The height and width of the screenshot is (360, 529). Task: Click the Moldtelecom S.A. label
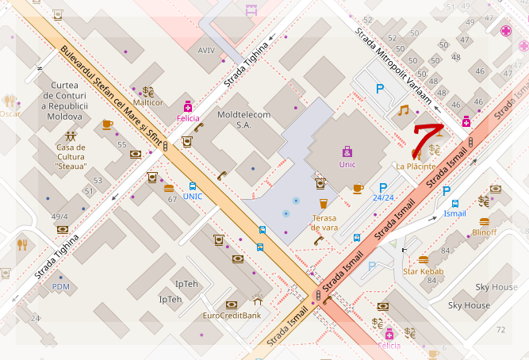point(244,120)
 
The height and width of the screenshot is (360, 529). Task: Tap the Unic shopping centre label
point(347,165)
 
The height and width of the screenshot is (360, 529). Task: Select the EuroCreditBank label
point(232,316)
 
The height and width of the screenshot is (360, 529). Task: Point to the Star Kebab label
point(423,272)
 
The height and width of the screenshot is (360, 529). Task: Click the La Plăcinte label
point(416,166)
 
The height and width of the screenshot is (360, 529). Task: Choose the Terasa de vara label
point(324,221)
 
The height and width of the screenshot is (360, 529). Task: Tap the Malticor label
point(148,102)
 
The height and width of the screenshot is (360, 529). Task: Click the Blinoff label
point(484,232)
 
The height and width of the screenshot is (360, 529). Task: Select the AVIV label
point(206,50)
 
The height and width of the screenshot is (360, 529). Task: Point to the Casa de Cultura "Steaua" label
point(71,155)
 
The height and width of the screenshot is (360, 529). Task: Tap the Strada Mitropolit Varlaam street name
point(396,56)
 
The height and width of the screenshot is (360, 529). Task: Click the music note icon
point(404,110)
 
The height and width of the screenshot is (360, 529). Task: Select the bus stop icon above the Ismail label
point(455,203)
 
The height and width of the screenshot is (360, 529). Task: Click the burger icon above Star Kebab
point(423,259)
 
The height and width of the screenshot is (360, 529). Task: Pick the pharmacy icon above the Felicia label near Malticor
point(188,106)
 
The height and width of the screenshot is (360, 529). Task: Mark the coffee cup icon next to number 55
point(107,124)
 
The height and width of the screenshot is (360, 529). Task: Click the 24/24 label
point(383,197)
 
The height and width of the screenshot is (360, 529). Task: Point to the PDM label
point(61,286)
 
